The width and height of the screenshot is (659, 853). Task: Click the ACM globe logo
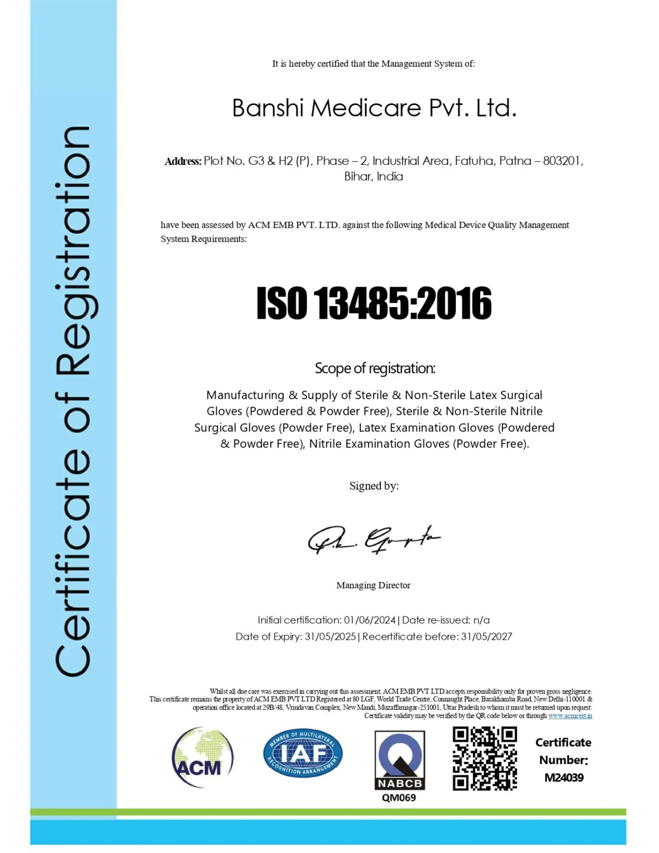pos(202,757)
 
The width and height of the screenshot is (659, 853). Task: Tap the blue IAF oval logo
pos(303,754)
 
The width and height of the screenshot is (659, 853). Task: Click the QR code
pos(485,759)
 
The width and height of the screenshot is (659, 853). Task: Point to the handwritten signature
pos(374,539)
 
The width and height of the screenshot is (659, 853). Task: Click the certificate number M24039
pos(564,777)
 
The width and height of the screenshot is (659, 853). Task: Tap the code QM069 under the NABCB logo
pos(399,797)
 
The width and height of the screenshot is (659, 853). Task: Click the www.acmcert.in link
pos(570,716)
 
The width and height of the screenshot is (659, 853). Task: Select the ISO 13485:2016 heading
pos(374,303)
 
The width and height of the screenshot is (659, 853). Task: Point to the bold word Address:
pos(183,162)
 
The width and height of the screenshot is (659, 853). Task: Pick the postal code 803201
pos(562,161)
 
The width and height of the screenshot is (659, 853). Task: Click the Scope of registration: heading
pos(375,368)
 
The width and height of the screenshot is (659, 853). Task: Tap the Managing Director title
pos(373,585)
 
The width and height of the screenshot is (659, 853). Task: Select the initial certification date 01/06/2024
pos(370,620)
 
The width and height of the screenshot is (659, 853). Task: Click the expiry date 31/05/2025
pos(330,637)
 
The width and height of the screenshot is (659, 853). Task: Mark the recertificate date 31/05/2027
pos(486,637)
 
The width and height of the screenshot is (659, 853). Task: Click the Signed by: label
pos(374,486)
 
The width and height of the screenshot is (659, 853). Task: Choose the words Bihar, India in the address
pos(374,177)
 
